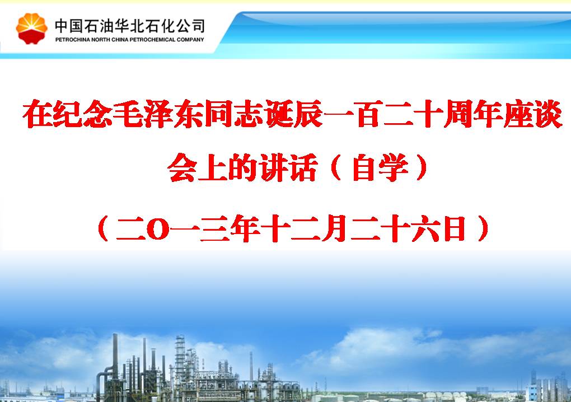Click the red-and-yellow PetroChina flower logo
[32, 29]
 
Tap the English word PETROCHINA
[72, 40]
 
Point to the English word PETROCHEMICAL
[153, 40]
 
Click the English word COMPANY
[190, 40]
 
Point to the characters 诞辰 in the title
[293, 114]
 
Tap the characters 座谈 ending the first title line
[533, 114]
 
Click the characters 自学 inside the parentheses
[381, 168]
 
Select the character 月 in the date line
[334, 228]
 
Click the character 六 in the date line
[425, 228]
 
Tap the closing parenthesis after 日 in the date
[483, 228]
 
